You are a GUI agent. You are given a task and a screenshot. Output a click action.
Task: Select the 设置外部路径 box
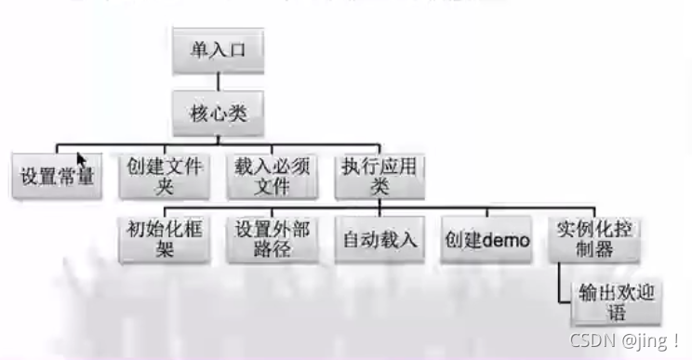[x=271, y=240]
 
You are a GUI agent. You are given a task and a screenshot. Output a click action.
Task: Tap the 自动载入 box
[x=379, y=240]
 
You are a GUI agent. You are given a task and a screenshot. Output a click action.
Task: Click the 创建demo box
[x=486, y=240]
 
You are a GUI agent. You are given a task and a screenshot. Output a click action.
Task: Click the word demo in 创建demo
[x=506, y=241]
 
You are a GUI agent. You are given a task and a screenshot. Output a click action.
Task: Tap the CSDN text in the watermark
[x=591, y=342]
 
